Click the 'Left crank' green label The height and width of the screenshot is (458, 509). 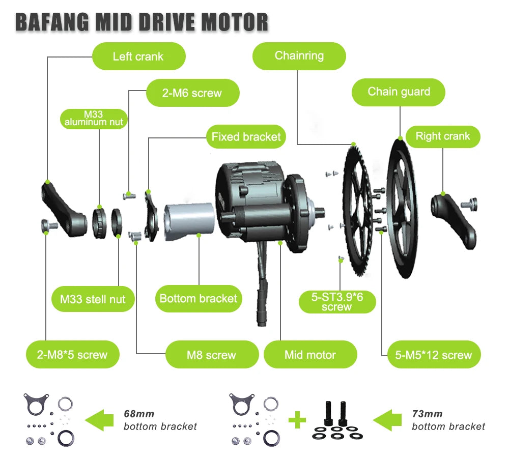138,56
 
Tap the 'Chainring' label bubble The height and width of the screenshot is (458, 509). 299,55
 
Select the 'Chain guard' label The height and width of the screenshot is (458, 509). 399,92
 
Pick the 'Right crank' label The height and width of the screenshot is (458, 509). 442,136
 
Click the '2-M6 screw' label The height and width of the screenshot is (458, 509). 192,93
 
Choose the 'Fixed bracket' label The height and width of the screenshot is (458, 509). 246,137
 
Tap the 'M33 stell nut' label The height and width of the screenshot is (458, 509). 93,299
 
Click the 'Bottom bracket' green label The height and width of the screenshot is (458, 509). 198,298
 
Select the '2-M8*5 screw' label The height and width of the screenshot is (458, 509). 72,355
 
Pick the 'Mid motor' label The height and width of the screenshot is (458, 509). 310,355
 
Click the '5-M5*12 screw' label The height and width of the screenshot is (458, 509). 434,355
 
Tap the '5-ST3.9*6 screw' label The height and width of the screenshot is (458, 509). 337,302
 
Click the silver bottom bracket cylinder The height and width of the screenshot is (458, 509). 189,222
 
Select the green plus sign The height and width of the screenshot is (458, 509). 297,420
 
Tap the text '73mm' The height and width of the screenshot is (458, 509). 427,414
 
